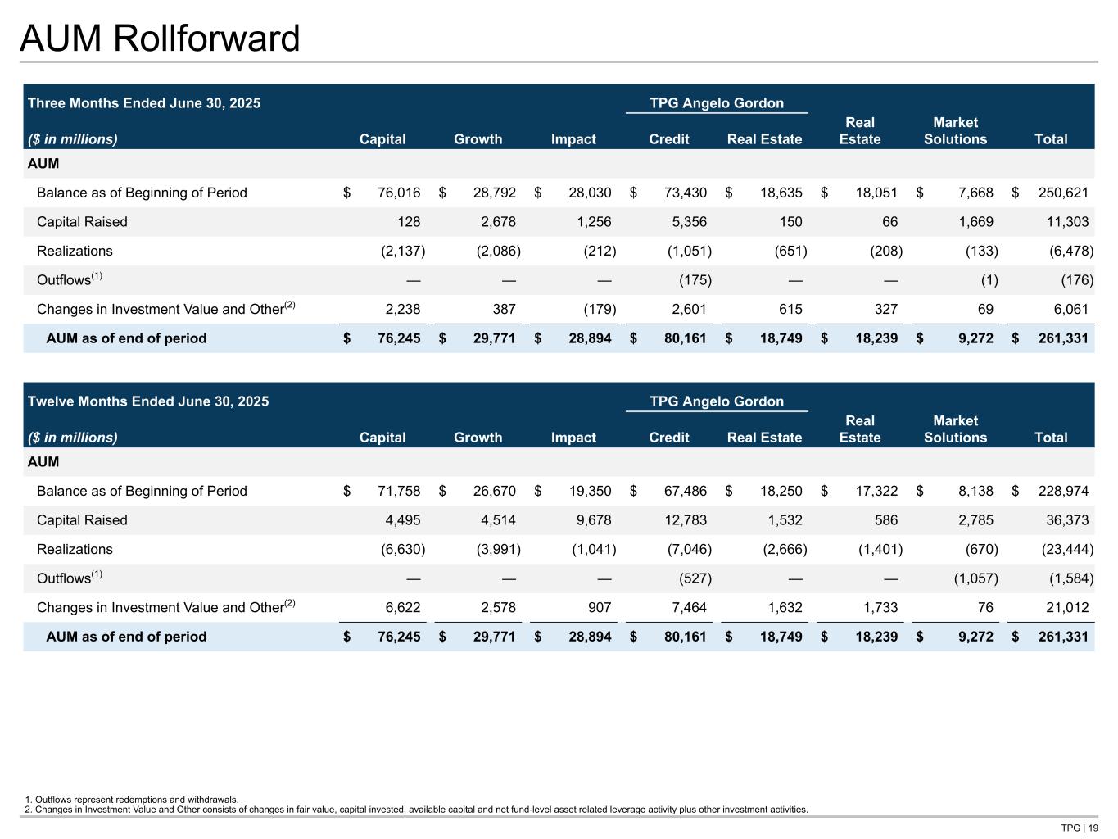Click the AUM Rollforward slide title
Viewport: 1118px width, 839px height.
pos(160,39)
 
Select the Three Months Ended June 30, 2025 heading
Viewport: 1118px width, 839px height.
pos(144,103)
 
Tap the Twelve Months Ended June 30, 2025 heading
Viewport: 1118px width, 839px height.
pos(148,401)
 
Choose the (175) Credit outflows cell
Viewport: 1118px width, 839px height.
pos(695,280)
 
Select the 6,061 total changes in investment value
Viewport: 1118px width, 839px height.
pos(1071,310)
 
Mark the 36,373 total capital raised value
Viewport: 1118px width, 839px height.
pos(1067,520)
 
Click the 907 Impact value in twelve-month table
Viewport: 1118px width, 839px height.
pos(600,608)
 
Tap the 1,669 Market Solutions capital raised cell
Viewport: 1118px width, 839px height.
pos(975,222)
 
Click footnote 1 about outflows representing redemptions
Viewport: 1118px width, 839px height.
pos(132,800)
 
